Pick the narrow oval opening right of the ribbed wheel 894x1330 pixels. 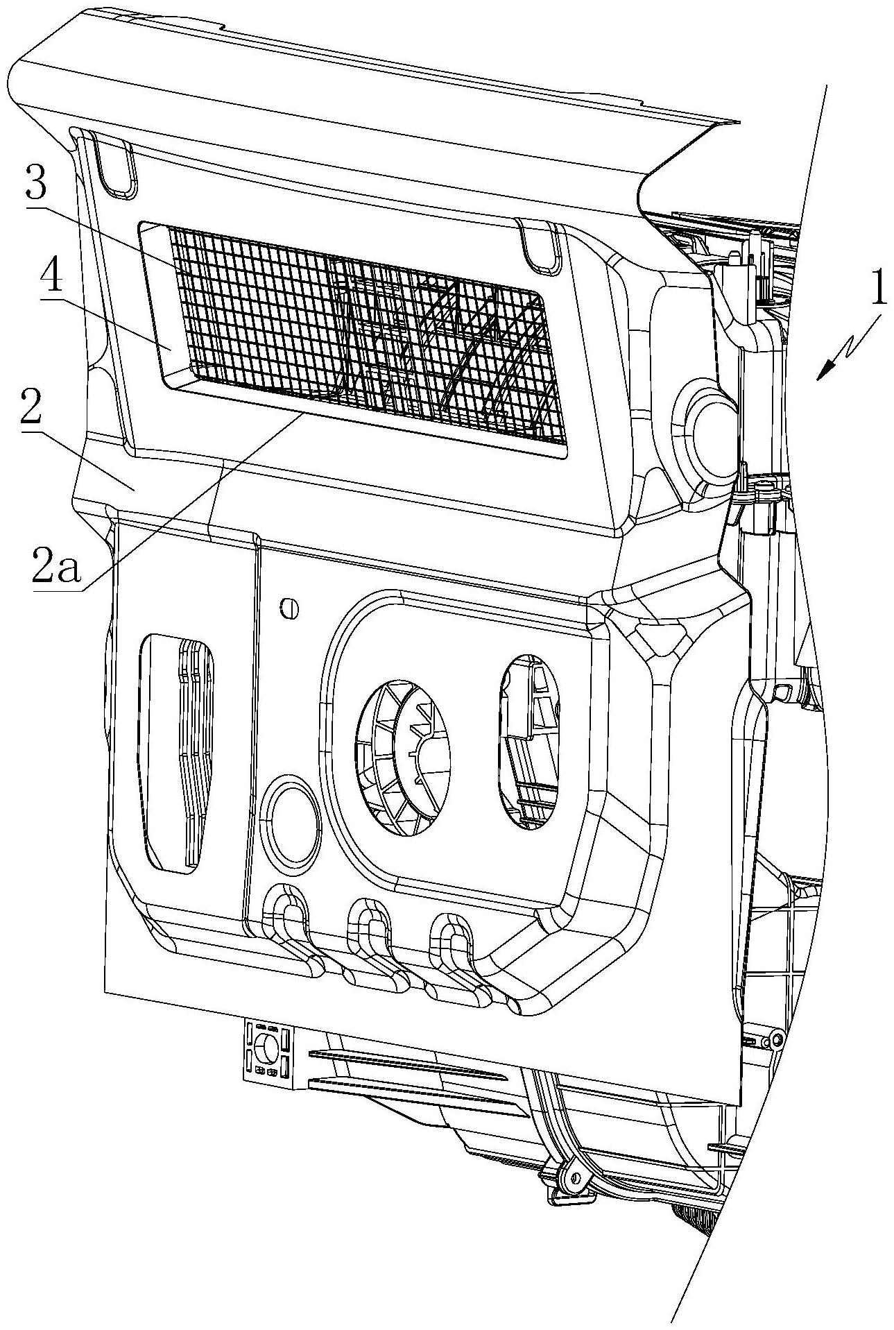(x=533, y=742)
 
